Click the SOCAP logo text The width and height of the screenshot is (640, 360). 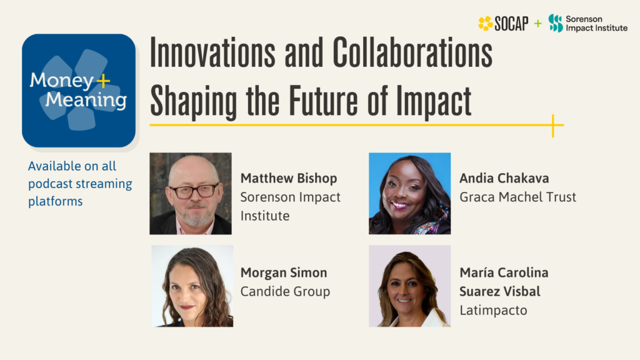511,24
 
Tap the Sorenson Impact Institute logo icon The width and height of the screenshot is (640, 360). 555,23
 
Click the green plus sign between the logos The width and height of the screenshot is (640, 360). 537,24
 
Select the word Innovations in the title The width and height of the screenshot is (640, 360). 212,54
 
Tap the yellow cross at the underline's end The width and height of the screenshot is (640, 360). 553,125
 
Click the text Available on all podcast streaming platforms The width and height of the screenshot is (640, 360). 80,184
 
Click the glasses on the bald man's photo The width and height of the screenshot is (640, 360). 193,191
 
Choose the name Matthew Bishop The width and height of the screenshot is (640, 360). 289,179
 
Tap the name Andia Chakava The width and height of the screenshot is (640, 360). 504,179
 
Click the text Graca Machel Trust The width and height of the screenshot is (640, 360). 517,197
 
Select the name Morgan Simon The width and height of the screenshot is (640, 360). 284,273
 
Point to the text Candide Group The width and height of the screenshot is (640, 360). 285,292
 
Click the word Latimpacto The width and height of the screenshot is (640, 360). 493,310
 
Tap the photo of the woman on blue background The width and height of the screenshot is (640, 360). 409,193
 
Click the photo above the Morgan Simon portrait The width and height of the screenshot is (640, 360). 191,193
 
